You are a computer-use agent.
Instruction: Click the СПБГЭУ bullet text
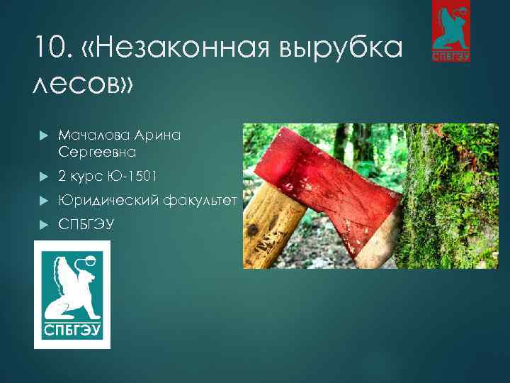tap(84, 225)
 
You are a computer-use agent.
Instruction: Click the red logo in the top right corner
tap(452, 32)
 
